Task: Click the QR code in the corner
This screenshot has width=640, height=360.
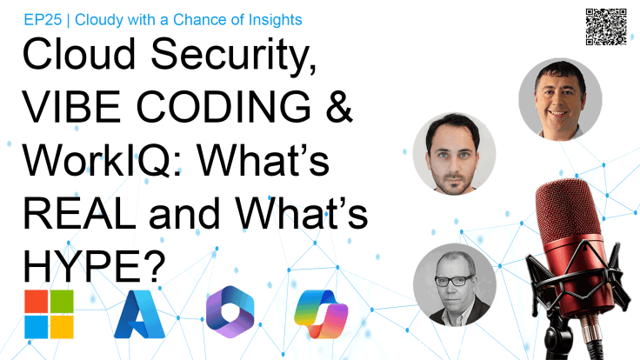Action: point(607,27)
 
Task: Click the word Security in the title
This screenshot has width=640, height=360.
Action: point(230,60)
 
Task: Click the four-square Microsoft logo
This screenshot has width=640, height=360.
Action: point(50,312)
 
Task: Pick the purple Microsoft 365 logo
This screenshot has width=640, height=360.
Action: point(230,313)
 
